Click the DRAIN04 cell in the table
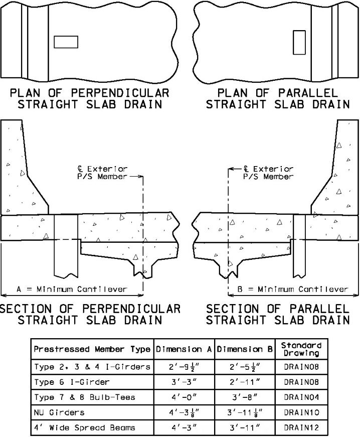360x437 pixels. click(301, 397)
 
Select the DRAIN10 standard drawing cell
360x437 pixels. click(301, 412)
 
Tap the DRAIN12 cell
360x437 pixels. click(301, 427)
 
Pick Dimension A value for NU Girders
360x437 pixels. click(184, 412)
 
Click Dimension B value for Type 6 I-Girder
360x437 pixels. click(245, 382)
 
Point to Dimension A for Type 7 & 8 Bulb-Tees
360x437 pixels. click(184, 397)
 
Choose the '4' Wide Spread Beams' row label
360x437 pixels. click(84, 427)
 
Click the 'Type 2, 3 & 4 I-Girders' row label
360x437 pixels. click(92, 367)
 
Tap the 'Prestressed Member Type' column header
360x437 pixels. click(92, 349)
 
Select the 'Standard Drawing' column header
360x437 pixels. click(301, 349)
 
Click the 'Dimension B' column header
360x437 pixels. click(245, 349)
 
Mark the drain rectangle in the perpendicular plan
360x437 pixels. click(66, 42)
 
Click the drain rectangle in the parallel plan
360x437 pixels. click(299, 42)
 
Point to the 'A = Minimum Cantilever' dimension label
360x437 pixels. click(72, 289)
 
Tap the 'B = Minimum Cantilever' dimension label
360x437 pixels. click(293, 289)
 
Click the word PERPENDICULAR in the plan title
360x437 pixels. click(120, 93)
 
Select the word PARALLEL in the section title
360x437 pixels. click(319, 309)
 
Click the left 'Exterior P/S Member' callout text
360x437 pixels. click(102, 173)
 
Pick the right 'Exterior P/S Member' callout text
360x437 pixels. click(268, 173)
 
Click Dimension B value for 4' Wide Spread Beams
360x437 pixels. click(245, 427)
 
